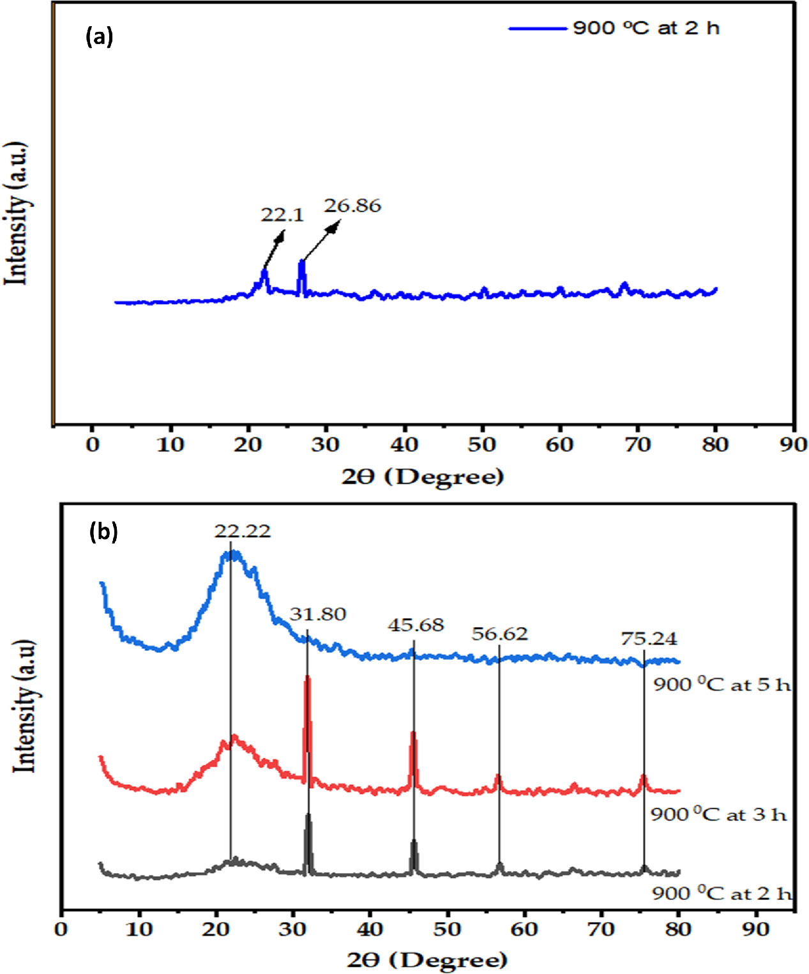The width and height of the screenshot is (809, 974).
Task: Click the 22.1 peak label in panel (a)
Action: [x=282, y=215]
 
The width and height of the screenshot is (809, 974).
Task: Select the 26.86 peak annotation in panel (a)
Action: [x=352, y=206]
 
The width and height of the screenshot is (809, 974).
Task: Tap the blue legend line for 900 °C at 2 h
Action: [x=537, y=29]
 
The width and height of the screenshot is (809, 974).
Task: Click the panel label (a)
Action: [x=99, y=37]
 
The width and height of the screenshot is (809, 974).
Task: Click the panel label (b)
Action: [x=103, y=531]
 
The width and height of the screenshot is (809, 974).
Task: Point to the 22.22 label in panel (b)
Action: [x=242, y=531]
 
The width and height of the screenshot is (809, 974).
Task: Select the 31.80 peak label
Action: [x=317, y=614]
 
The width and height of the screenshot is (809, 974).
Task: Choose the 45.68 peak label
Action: [x=416, y=625]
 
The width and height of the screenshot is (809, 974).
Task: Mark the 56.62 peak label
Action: [x=499, y=634]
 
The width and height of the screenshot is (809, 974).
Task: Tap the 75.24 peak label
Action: [x=649, y=639]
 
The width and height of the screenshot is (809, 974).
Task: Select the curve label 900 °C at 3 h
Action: [x=718, y=814]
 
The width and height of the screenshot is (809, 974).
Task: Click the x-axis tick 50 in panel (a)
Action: [x=481, y=445]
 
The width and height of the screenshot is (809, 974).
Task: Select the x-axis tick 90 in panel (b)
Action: [x=756, y=929]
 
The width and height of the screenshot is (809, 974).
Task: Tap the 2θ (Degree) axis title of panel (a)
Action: [x=423, y=476]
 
